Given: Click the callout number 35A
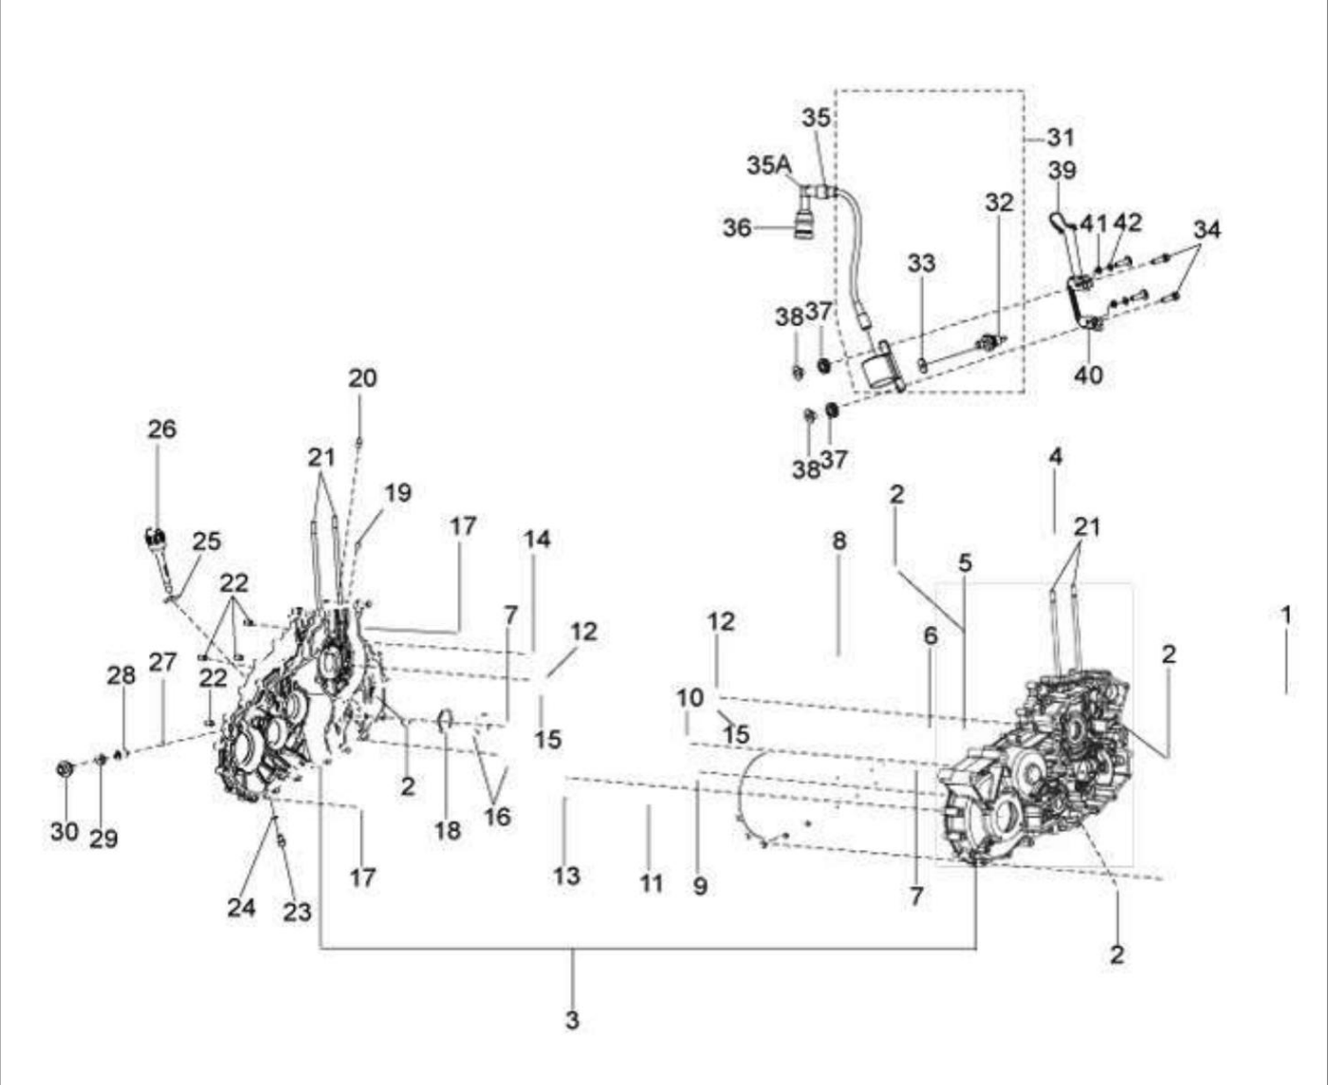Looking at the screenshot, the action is pyautogui.click(x=768, y=166).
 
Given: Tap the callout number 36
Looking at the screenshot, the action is pyautogui.click(x=737, y=228).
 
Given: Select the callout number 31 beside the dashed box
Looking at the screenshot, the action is pyautogui.click(x=1061, y=138).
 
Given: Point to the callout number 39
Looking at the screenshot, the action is pyautogui.click(x=1062, y=170).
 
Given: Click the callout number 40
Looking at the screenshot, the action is pyautogui.click(x=1089, y=375).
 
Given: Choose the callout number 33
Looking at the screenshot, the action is pyautogui.click(x=921, y=264).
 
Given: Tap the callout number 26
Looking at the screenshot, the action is pyautogui.click(x=162, y=429).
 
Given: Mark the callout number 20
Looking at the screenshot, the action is pyautogui.click(x=362, y=377).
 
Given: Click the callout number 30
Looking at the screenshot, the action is pyautogui.click(x=65, y=831).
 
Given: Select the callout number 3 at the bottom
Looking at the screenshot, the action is pyautogui.click(x=572, y=1020).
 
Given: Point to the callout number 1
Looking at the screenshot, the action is pyautogui.click(x=1286, y=615).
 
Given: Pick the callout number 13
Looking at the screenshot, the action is pyautogui.click(x=566, y=875).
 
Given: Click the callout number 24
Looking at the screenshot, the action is pyautogui.click(x=242, y=908).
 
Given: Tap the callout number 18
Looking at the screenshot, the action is pyautogui.click(x=448, y=831).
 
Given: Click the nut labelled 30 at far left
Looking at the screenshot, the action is pyautogui.click(x=65, y=769).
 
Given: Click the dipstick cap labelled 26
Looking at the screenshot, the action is pyautogui.click(x=155, y=537).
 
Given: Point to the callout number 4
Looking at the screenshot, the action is pyautogui.click(x=1056, y=456).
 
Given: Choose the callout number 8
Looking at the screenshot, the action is pyautogui.click(x=839, y=541).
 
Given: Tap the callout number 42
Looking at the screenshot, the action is pyautogui.click(x=1128, y=222).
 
